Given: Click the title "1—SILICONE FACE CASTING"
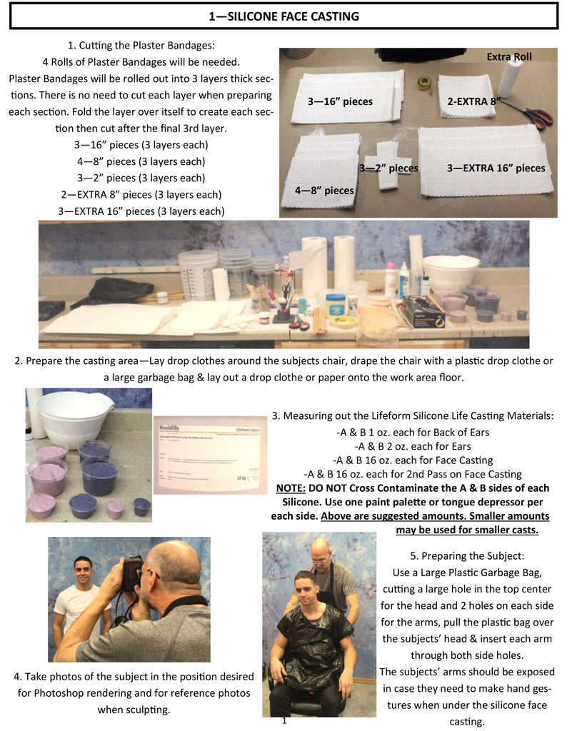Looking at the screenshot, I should [x=284, y=16].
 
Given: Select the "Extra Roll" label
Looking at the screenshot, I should [x=509, y=56].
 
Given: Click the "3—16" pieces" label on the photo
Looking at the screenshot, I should [x=340, y=101].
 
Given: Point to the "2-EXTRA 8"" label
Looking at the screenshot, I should [x=473, y=101].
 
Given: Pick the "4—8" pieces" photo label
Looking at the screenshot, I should [x=324, y=190].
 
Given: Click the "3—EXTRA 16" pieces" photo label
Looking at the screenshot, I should [x=496, y=168].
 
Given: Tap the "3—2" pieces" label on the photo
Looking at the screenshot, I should [x=388, y=168].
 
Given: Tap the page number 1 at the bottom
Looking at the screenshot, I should [x=284, y=721].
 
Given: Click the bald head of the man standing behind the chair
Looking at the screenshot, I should [x=323, y=550].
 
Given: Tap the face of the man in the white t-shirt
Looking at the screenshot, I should [x=83, y=572].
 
